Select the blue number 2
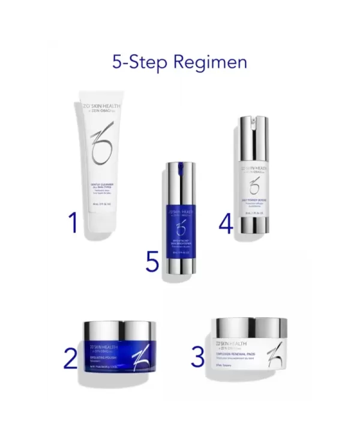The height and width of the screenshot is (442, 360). [71, 359]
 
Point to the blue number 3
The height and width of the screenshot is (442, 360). [197, 357]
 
